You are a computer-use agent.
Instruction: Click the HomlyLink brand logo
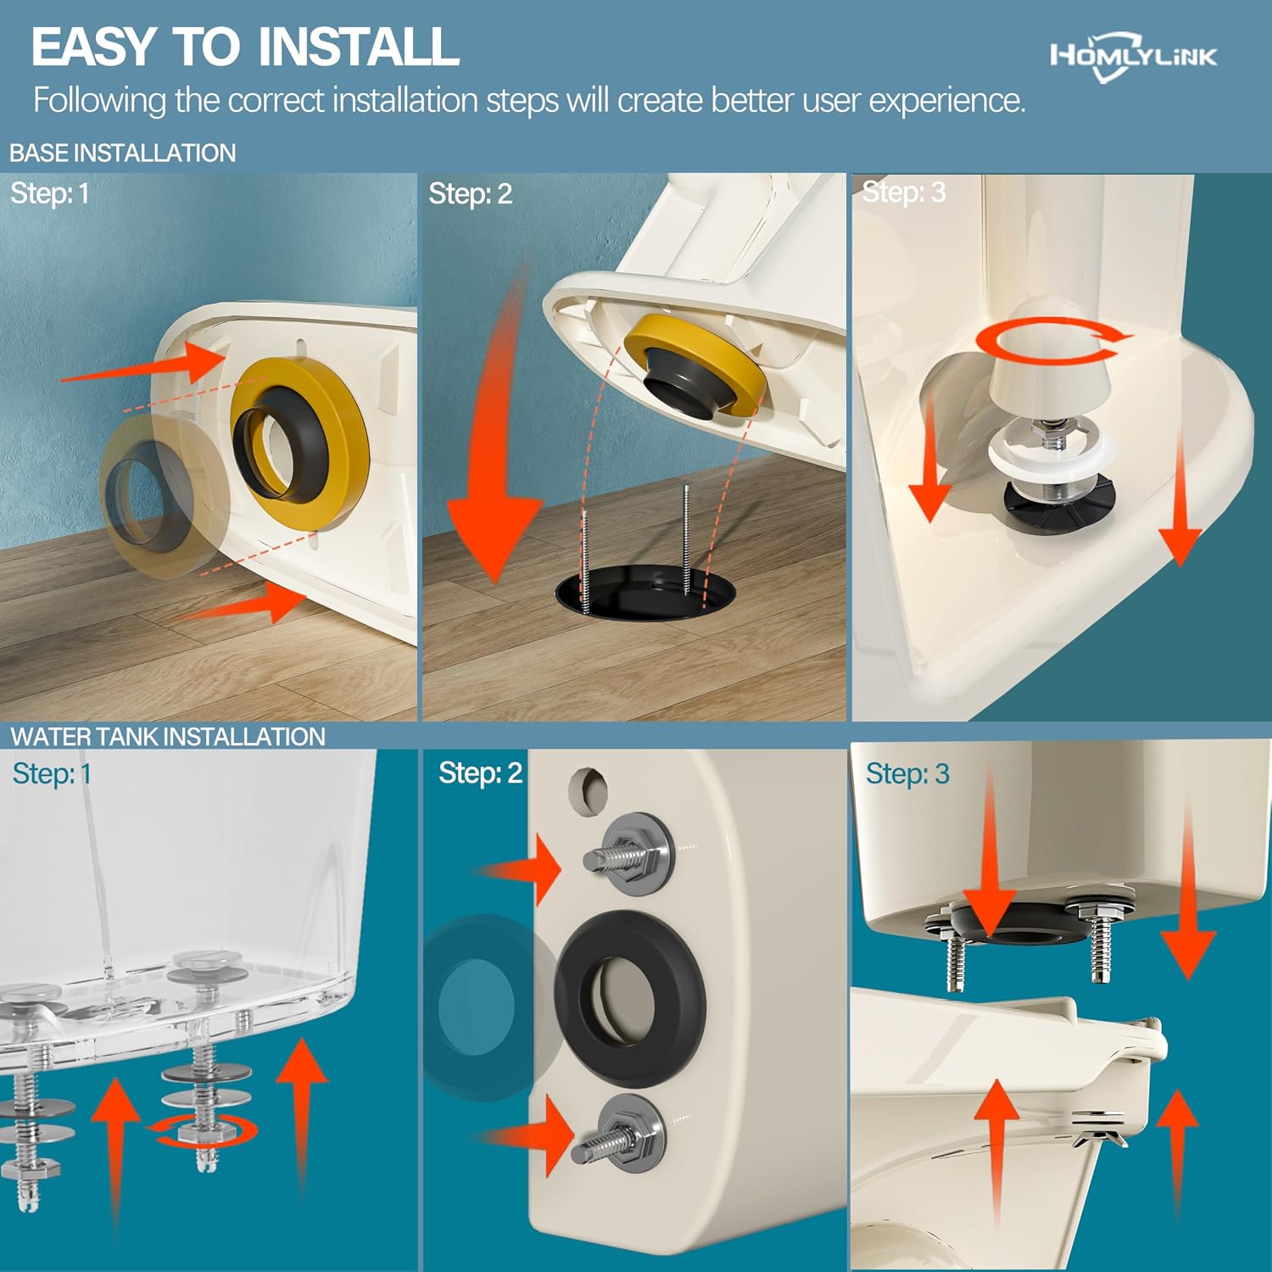click(1134, 57)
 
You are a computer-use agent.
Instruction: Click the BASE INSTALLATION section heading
click(123, 153)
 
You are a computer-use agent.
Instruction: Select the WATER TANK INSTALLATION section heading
click(168, 736)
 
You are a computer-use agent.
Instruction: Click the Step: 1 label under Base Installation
click(49, 193)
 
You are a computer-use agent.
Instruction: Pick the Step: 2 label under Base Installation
click(470, 193)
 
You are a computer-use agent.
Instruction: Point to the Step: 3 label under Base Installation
click(904, 192)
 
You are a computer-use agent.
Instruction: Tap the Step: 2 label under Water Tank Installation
click(480, 773)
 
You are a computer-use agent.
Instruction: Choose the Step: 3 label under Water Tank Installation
click(907, 773)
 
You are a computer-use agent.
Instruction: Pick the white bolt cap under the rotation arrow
click(1050, 386)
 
